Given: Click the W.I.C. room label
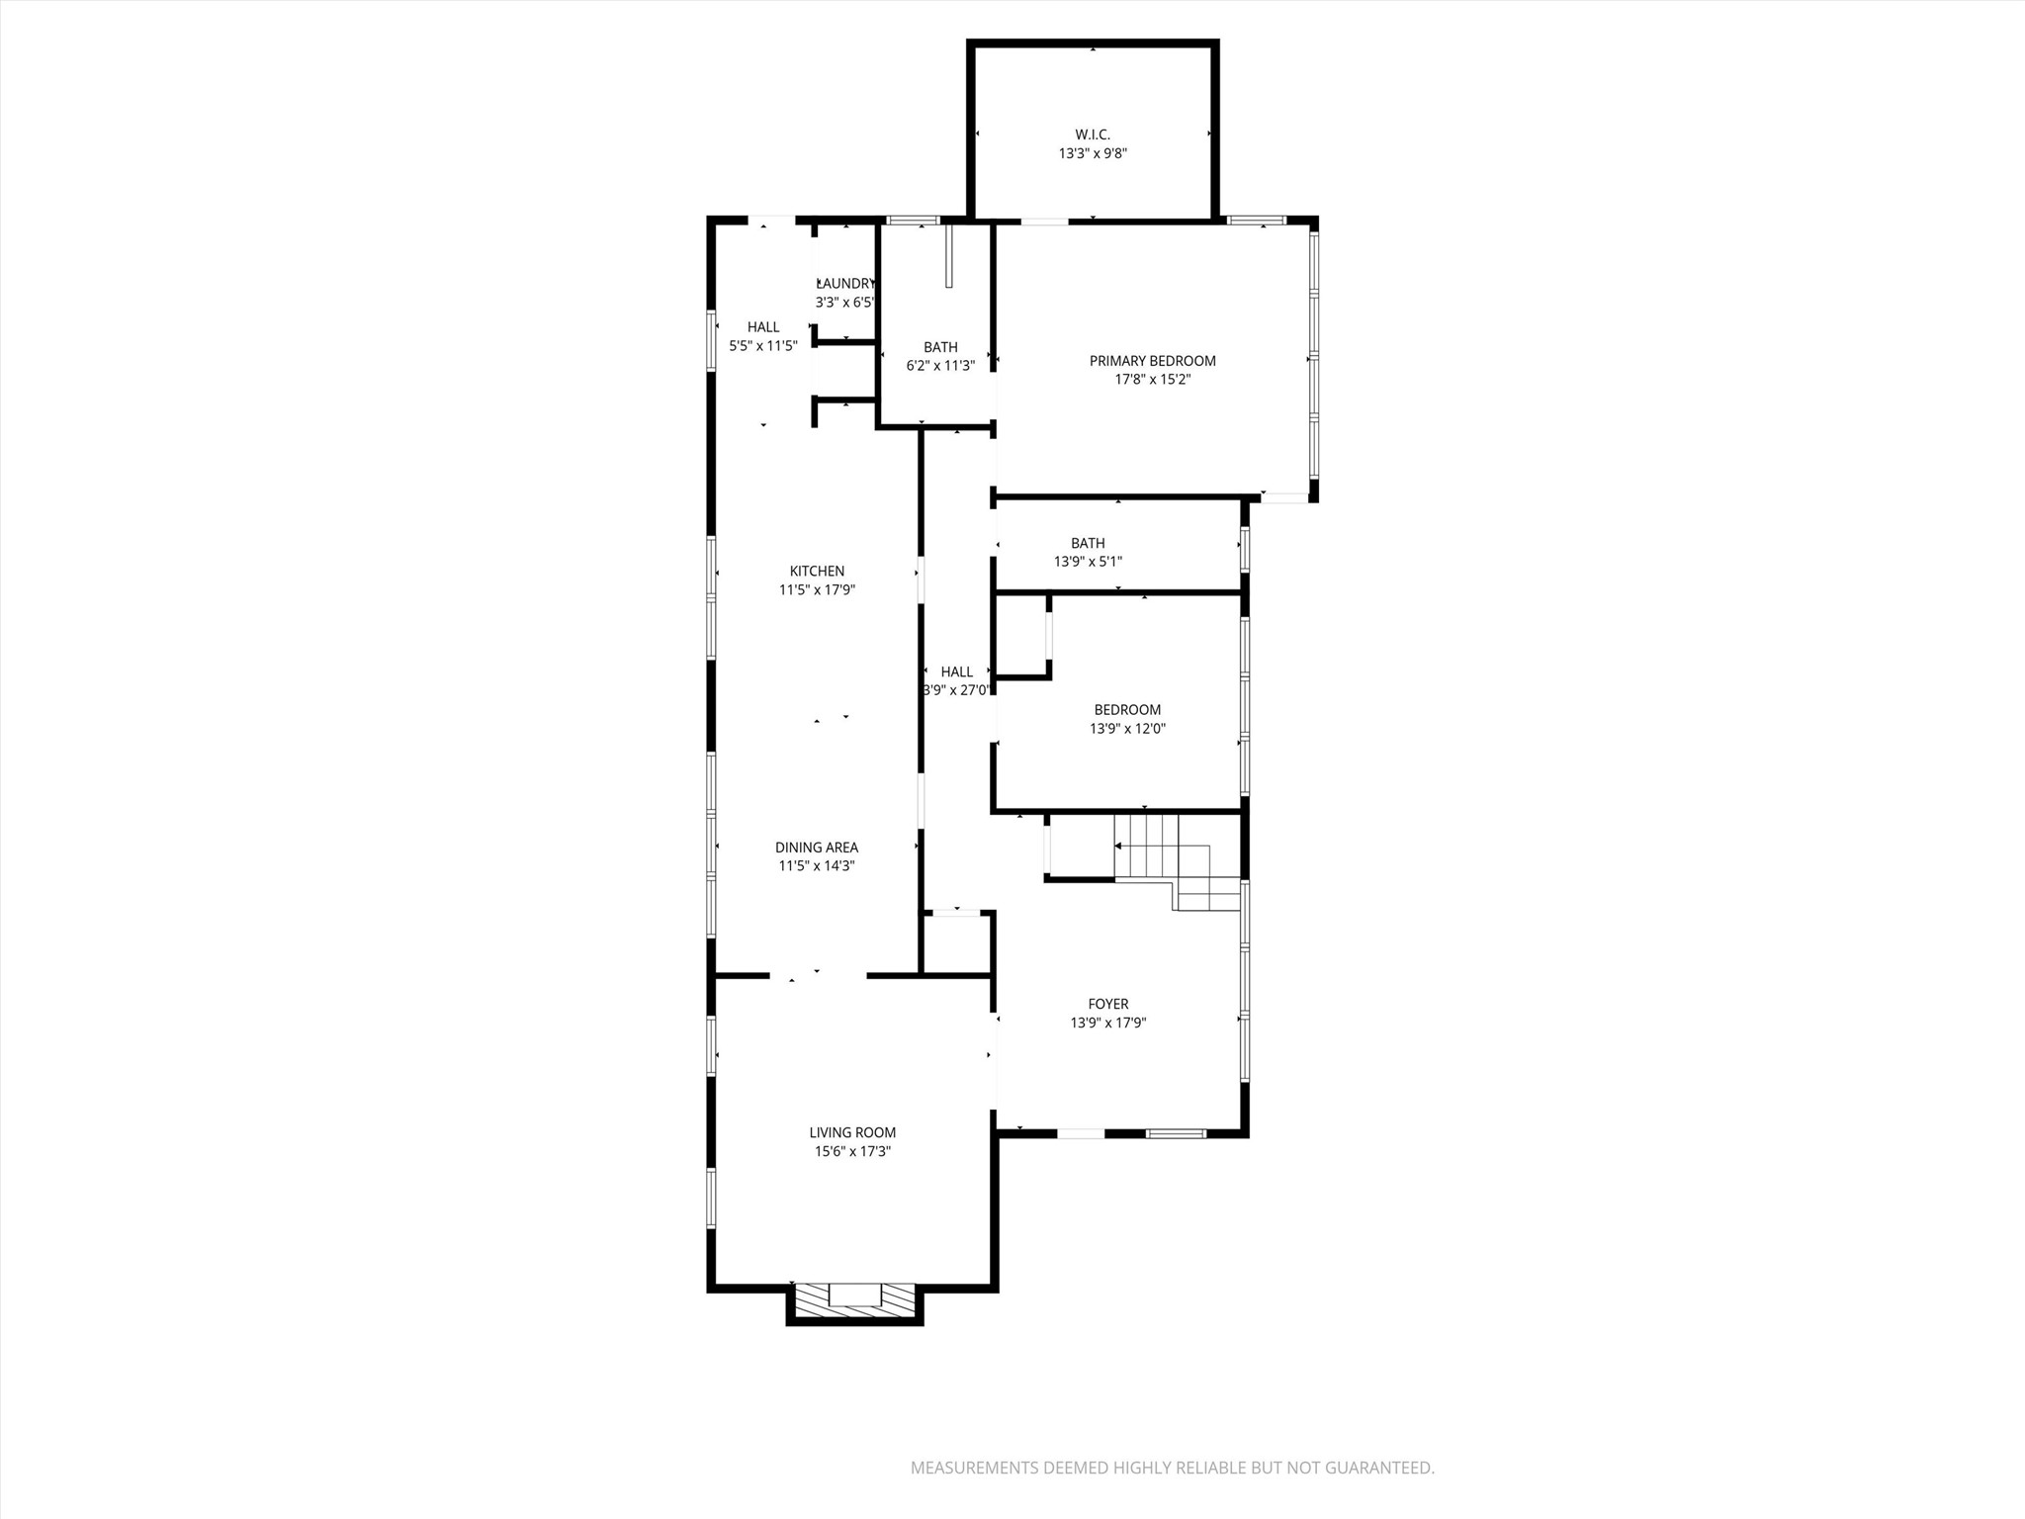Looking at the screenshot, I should pyautogui.click(x=1093, y=134).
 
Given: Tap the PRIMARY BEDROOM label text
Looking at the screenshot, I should pyautogui.click(x=1152, y=361).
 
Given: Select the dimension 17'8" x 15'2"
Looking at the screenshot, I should pyautogui.click(x=1152, y=380).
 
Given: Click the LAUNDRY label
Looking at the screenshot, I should pyautogui.click(x=845, y=284).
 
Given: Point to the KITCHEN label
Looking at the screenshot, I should pyautogui.click(x=817, y=571).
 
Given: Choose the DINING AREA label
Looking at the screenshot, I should pyautogui.click(x=816, y=848).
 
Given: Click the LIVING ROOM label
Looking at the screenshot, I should pyautogui.click(x=852, y=1133).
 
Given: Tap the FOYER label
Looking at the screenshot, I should pyautogui.click(x=1107, y=1005).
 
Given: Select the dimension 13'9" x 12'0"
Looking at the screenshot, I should pyautogui.click(x=1127, y=729).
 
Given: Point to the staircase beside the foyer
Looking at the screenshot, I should pyautogui.click(x=1177, y=860).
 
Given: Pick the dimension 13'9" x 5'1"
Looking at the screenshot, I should pyautogui.click(x=1088, y=562).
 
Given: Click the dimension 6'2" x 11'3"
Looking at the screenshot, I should pyautogui.click(x=940, y=366).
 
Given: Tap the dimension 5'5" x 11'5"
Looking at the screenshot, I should pyautogui.click(x=762, y=346).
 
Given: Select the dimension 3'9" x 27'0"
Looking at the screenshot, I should pyautogui.click(x=956, y=690).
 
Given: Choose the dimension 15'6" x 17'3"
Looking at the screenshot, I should pyautogui.click(x=852, y=1152).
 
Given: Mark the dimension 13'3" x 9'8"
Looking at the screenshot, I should pyautogui.click(x=1093, y=153).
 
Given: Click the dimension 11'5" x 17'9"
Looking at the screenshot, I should pyautogui.click(x=817, y=590).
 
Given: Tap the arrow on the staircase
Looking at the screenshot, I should pyautogui.click(x=1118, y=847).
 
